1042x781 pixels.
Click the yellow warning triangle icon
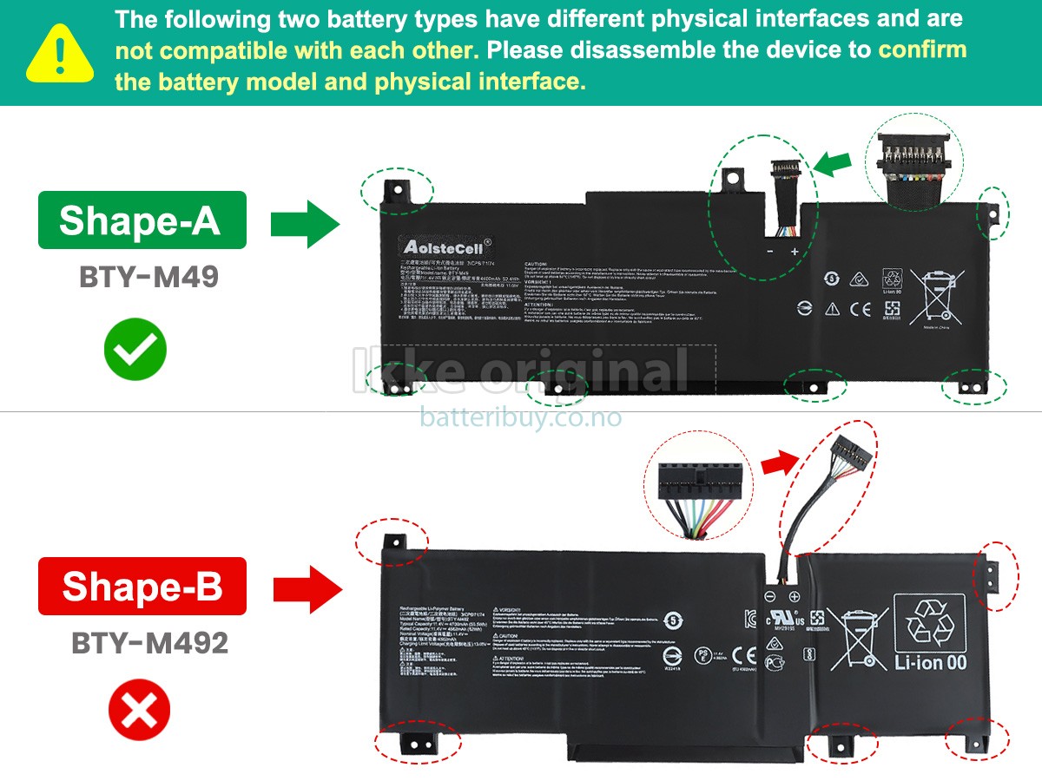59,53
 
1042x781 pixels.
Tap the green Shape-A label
142,220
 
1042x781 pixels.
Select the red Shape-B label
142,587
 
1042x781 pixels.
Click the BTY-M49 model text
148,277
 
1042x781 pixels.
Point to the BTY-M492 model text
150,643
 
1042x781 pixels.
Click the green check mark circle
135,349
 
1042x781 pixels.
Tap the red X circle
139,715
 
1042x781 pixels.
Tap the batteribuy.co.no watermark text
521,417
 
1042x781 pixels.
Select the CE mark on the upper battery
860,308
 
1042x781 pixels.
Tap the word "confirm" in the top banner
922,49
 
